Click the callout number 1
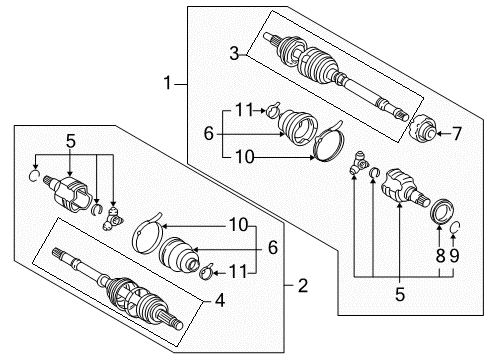click(166, 86)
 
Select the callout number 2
click(302, 287)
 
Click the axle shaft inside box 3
click(340, 72)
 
